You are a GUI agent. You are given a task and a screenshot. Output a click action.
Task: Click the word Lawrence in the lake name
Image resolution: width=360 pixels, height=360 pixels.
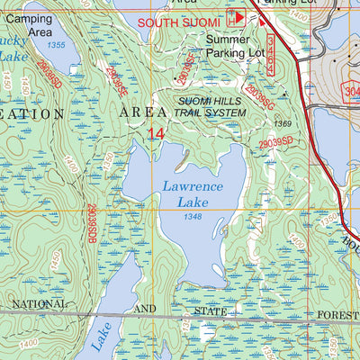tap(193, 186)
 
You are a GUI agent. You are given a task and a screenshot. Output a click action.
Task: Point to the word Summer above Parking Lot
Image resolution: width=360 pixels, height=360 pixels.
tap(229, 40)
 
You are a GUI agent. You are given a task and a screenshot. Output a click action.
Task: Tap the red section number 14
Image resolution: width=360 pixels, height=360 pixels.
tap(157, 133)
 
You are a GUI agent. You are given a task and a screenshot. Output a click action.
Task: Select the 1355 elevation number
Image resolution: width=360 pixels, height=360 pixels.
tap(58, 45)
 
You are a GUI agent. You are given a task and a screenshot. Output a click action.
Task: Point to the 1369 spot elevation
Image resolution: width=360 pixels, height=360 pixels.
tap(283, 124)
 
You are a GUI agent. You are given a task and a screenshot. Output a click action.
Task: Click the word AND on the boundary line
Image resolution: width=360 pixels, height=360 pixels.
tap(145, 309)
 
